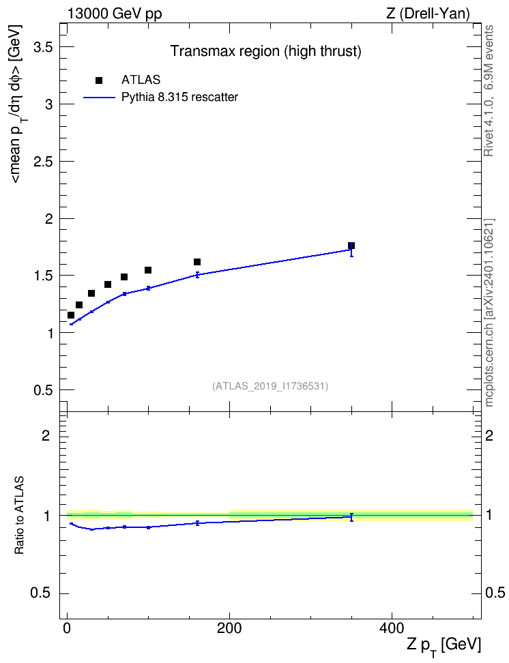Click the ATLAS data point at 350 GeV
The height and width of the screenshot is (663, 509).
pos(351,246)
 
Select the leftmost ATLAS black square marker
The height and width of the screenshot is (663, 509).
pos(71,315)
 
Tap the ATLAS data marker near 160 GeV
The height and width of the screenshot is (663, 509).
pos(197,262)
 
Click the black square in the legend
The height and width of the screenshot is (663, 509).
pos(99,80)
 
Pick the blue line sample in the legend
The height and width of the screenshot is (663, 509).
pos(99,98)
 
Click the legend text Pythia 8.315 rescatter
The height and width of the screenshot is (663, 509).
pos(179,98)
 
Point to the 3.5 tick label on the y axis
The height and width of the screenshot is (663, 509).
pos(43,47)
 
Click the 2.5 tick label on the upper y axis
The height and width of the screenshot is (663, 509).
pos(43,162)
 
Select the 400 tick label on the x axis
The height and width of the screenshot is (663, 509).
pos(392,628)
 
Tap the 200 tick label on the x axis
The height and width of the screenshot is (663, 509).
pos(229,628)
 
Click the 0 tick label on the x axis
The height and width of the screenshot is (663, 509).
pos(68,628)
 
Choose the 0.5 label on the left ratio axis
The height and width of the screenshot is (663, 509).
pos(41,593)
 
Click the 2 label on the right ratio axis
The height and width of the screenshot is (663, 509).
pos(489,435)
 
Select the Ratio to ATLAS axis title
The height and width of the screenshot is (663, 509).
pos(19,515)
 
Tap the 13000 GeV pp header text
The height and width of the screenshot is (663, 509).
pos(115,14)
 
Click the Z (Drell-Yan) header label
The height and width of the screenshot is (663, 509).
pos(428,14)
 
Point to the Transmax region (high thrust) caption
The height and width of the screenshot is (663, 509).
pos(265,51)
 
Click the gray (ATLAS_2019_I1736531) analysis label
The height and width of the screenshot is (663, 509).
pos(270,386)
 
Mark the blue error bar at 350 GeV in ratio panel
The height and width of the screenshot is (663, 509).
pos(351,517)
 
